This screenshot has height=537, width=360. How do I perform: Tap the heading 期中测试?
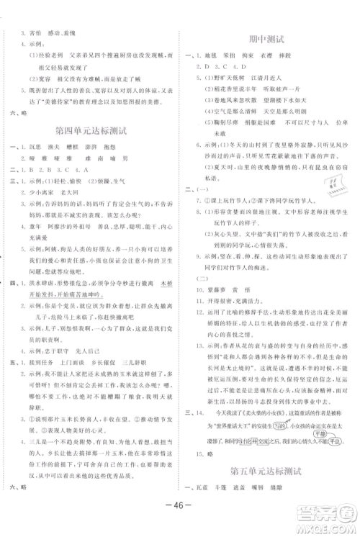[x=265, y=39]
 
